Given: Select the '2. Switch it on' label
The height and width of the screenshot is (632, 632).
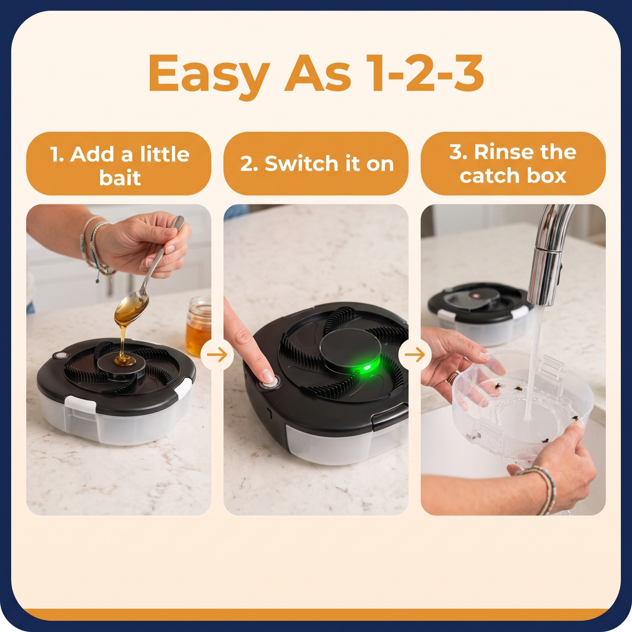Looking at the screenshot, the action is click(316, 164).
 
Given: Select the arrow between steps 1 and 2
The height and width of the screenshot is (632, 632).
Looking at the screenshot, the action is click(217, 354).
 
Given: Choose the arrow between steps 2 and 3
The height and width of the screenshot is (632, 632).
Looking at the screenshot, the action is click(414, 354).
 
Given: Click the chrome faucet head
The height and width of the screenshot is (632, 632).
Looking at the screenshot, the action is click(544, 275).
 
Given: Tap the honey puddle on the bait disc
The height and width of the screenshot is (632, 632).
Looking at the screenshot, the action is click(125, 361).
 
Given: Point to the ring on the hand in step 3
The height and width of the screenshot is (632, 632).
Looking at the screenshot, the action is click(451, 378).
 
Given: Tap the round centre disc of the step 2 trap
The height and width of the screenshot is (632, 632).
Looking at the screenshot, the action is click(350, 348).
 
